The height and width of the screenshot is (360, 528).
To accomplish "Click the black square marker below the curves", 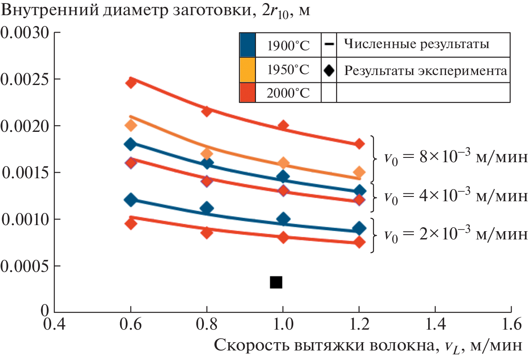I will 276,282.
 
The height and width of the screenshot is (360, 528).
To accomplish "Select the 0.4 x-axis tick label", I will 54,324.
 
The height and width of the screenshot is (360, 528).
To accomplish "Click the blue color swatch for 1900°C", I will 247,45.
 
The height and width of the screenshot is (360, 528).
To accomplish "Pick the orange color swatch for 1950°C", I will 247,69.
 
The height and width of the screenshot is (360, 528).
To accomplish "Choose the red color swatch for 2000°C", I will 247,93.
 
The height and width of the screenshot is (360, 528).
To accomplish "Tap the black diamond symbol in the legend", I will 329,70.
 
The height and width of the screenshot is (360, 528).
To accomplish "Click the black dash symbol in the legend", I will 329,44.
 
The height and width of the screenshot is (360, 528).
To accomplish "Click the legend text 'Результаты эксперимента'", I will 426,70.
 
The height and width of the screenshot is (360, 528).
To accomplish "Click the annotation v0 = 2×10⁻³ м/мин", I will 456,235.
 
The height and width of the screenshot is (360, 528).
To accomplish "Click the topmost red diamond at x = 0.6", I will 131,82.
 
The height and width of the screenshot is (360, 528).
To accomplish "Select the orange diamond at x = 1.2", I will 359,172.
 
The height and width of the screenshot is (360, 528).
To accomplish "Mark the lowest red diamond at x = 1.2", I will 359,242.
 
